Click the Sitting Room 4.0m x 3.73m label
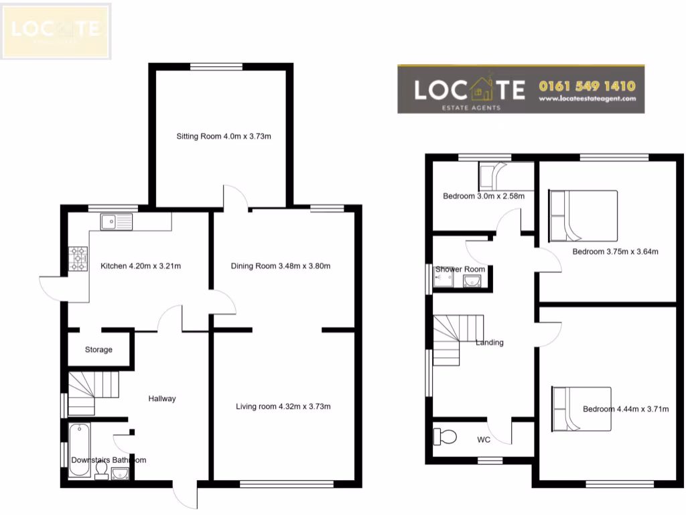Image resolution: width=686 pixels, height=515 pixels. tap(223, 136)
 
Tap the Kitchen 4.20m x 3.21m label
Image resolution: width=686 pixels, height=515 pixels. tap(141, 266)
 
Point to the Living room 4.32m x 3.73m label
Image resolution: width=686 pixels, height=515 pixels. tap(283, 406)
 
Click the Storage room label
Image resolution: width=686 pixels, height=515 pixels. tap(98, 349)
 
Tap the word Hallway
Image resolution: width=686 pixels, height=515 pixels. tap(162, 398)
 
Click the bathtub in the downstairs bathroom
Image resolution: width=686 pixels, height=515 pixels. tap(79, 449)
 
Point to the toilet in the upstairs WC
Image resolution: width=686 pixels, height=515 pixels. tap(445, 438)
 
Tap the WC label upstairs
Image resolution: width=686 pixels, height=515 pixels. tap(484, 441)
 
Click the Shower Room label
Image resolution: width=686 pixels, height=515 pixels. tap(460, 270)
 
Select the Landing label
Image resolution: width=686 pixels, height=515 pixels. tap(489, 343)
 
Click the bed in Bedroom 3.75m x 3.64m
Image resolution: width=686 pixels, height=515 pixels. tap(583, 215)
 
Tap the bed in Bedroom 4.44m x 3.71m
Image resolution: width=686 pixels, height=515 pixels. tap(581, 408)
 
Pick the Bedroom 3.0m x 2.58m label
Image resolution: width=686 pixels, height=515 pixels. tap(483, 196)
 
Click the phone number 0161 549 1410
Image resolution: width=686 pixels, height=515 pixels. tap(587, 86)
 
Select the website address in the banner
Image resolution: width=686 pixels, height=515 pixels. tap(587, 99)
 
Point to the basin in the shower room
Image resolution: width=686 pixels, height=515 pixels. tap(472, 280)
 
